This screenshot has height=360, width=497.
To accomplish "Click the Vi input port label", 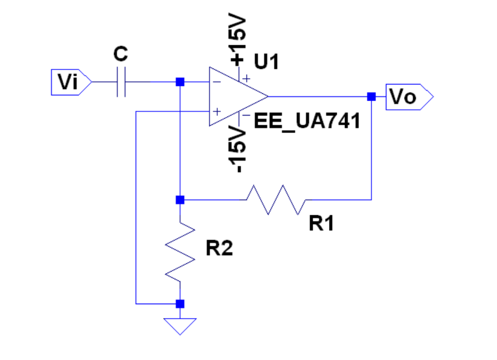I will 68,82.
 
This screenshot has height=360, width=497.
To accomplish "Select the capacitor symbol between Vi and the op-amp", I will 121,82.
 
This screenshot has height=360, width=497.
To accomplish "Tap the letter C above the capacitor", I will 121,55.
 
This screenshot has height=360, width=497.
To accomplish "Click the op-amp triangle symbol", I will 235,97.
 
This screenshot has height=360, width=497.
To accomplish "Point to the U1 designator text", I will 266,62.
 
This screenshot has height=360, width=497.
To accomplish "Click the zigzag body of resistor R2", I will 180,251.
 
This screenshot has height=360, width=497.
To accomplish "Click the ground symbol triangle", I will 180,325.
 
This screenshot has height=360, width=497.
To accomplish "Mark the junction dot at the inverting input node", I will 180,82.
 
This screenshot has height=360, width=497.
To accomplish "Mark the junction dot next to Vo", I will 371,97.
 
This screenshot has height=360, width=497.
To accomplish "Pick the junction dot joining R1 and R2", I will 180,199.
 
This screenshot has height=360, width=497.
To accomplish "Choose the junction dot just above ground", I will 180,304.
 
